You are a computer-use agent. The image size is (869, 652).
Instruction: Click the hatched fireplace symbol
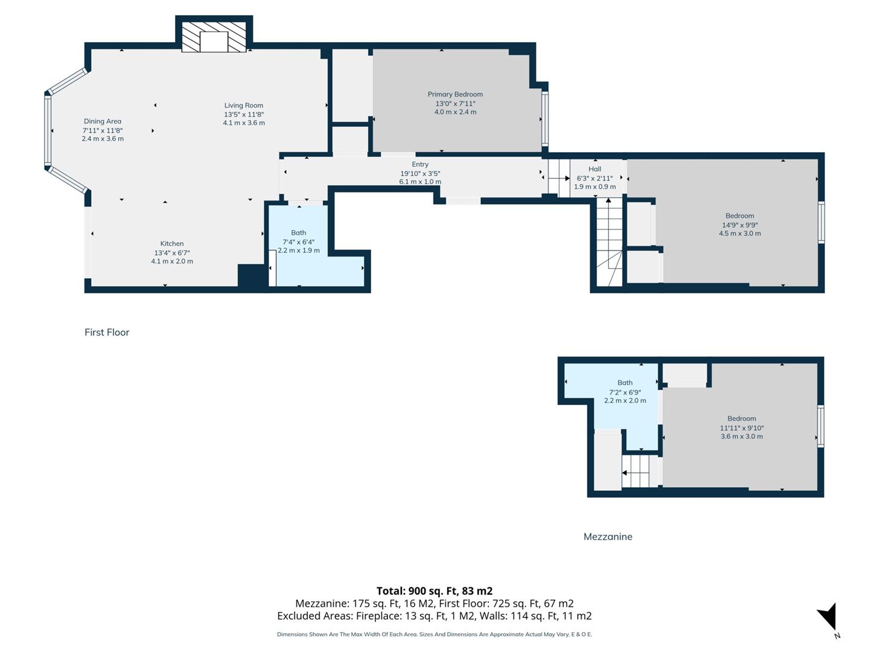pos(214,37)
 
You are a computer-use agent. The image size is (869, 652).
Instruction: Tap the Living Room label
pos(244,106)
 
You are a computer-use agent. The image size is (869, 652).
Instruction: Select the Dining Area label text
pos(103,121)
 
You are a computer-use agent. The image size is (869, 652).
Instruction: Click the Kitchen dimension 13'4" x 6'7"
pos(172,253)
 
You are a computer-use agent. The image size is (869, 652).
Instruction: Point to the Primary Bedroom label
pos(455,94)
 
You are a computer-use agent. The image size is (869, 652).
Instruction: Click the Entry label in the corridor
pos(420,164)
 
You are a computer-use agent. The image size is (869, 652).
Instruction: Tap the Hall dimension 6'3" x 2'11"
pos(594,178)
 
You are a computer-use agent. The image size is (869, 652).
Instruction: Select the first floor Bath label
pos(299,232)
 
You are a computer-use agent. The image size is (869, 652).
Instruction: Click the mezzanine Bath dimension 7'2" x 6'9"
pos(625,392)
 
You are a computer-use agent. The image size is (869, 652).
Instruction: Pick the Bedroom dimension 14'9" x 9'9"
pos(740,225)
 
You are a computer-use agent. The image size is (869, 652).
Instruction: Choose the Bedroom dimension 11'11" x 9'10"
pos(742,427)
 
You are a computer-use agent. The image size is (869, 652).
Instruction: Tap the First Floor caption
pos(107,332)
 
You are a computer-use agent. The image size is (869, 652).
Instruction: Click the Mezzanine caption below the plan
pos(608,537)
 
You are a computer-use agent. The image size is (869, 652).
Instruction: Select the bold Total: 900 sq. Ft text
pos(434,591)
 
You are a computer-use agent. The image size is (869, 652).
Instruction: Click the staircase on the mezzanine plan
pos(639,471)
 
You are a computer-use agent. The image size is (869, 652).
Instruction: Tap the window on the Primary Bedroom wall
pos(545,118)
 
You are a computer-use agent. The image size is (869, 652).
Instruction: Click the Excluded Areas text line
pos(434,616)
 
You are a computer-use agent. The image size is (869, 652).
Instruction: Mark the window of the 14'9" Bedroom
pos(821,222)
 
